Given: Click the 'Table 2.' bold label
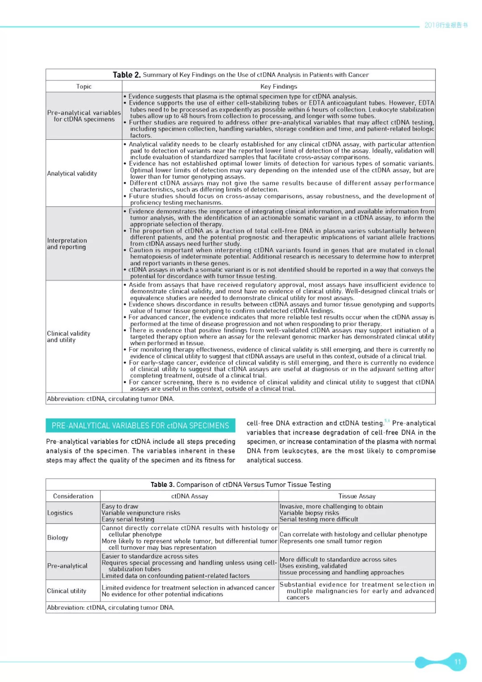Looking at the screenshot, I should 126,75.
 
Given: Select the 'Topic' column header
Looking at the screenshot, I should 84,87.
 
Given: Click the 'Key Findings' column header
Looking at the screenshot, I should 278,87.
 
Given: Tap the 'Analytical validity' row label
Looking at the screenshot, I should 72,173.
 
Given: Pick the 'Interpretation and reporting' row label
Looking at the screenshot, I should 67,244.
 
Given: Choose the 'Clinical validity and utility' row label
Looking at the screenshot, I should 69,337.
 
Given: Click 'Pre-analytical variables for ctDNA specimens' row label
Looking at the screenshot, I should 84,116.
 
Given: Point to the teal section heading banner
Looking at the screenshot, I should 140,426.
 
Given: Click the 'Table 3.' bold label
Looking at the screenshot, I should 162,485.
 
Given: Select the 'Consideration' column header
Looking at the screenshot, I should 73,496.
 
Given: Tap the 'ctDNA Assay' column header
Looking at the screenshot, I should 190,496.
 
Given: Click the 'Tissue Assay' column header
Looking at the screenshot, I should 357,496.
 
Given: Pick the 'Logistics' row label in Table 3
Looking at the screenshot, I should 60,513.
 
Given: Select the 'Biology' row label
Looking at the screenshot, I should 58,538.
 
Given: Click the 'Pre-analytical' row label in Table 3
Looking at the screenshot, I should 67,566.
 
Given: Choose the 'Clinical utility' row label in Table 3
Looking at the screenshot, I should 66,591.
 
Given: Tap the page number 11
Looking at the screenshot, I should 457,661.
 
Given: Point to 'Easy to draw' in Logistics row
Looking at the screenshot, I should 120,506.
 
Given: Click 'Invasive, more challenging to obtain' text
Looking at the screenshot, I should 331,506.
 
